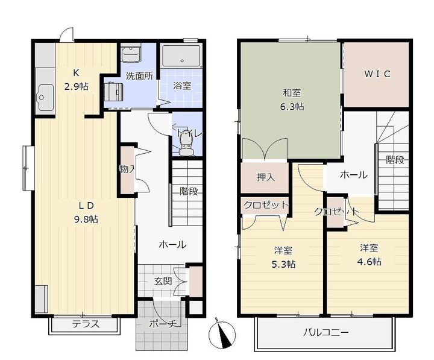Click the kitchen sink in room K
[x=46, y=98]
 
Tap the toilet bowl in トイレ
[x=185, y=146]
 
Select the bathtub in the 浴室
[x=181, y=56]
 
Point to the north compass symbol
[x=222, y=334]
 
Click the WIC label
[x=377, y=74]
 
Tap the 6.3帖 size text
[x=292, y=106]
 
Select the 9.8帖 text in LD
[x=86, y=219]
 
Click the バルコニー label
[x=325, y=332]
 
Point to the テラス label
[x=86, y=324]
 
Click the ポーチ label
[x=163, y=323]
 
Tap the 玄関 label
[x=163, y=282]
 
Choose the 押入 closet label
[x=266, y=177]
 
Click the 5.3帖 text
[x=283, y=264]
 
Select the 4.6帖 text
[x=370, y=262]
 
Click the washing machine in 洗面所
[x=114, y=91]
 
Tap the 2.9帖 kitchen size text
[x=77, y=87]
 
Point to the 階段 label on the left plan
[x=189, y=191]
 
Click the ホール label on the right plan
[x=354, y=175]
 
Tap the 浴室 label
[x=182, y=86]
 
